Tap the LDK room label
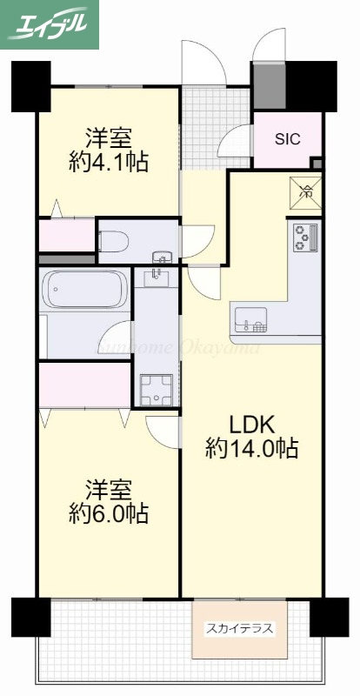[252, 425]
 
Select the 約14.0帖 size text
[252, 449]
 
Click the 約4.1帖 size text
[108, 161]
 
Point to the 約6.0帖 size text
[108, 514]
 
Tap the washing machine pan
[157, 389]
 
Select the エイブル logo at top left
[50, 23]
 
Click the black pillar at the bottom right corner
[329, 617]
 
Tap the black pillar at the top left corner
[31, 84]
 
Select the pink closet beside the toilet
[66, 237]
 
